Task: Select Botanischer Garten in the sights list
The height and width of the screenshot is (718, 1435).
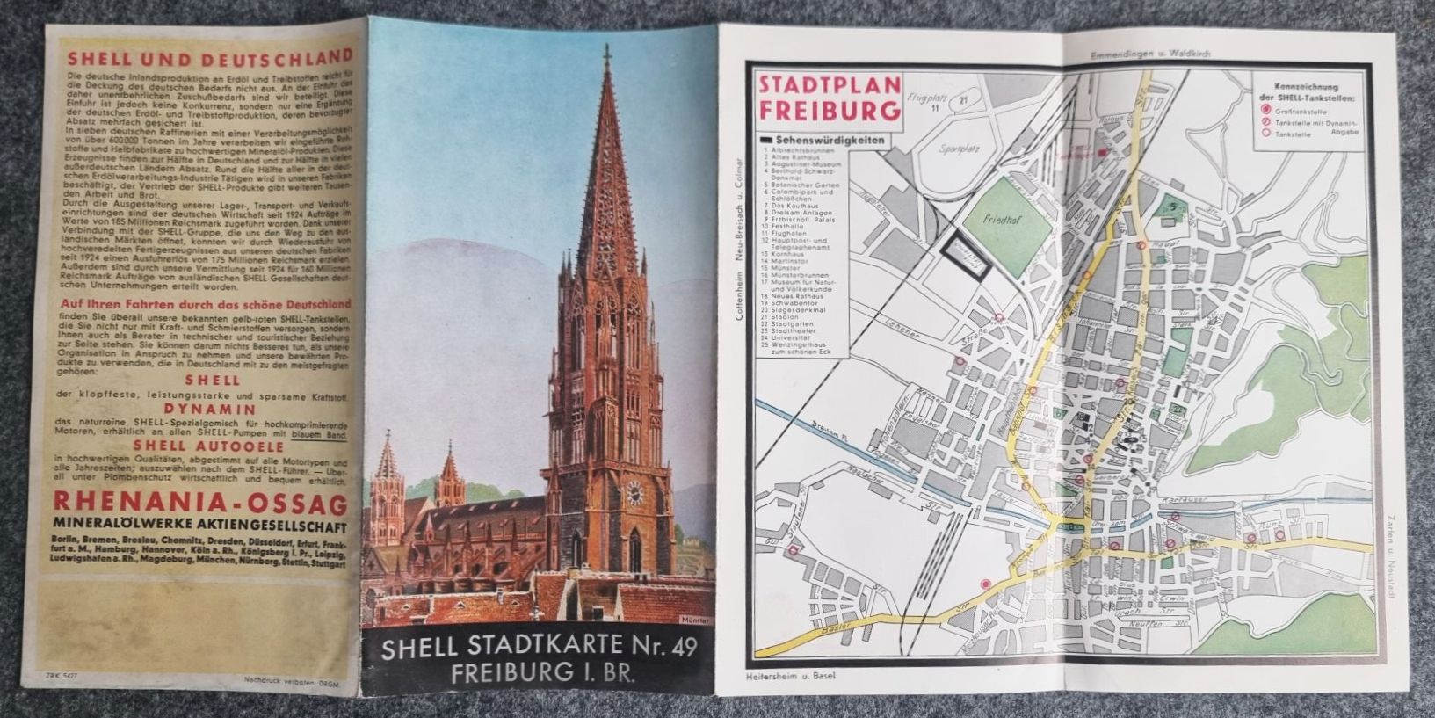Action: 803,186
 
